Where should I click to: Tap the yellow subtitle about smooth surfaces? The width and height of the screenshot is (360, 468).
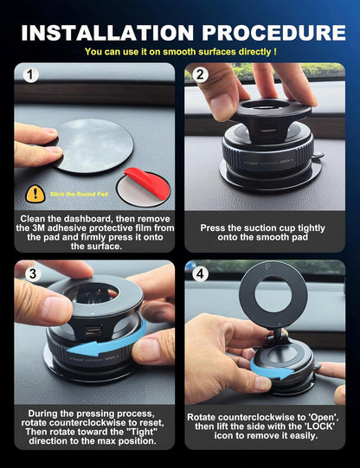[x=180, y=52]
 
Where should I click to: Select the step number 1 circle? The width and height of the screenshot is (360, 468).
[x=32, y=75]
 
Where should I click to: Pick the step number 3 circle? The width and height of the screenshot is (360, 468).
[x=32, y=274]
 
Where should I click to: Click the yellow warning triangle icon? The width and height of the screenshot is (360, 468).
[x=35, y=194]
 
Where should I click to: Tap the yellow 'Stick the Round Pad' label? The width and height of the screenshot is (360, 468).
[x=76, y=195]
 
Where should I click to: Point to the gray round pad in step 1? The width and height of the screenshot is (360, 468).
[x=91, y=144]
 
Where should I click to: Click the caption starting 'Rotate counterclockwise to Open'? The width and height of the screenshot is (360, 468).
[x=264, y=430]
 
